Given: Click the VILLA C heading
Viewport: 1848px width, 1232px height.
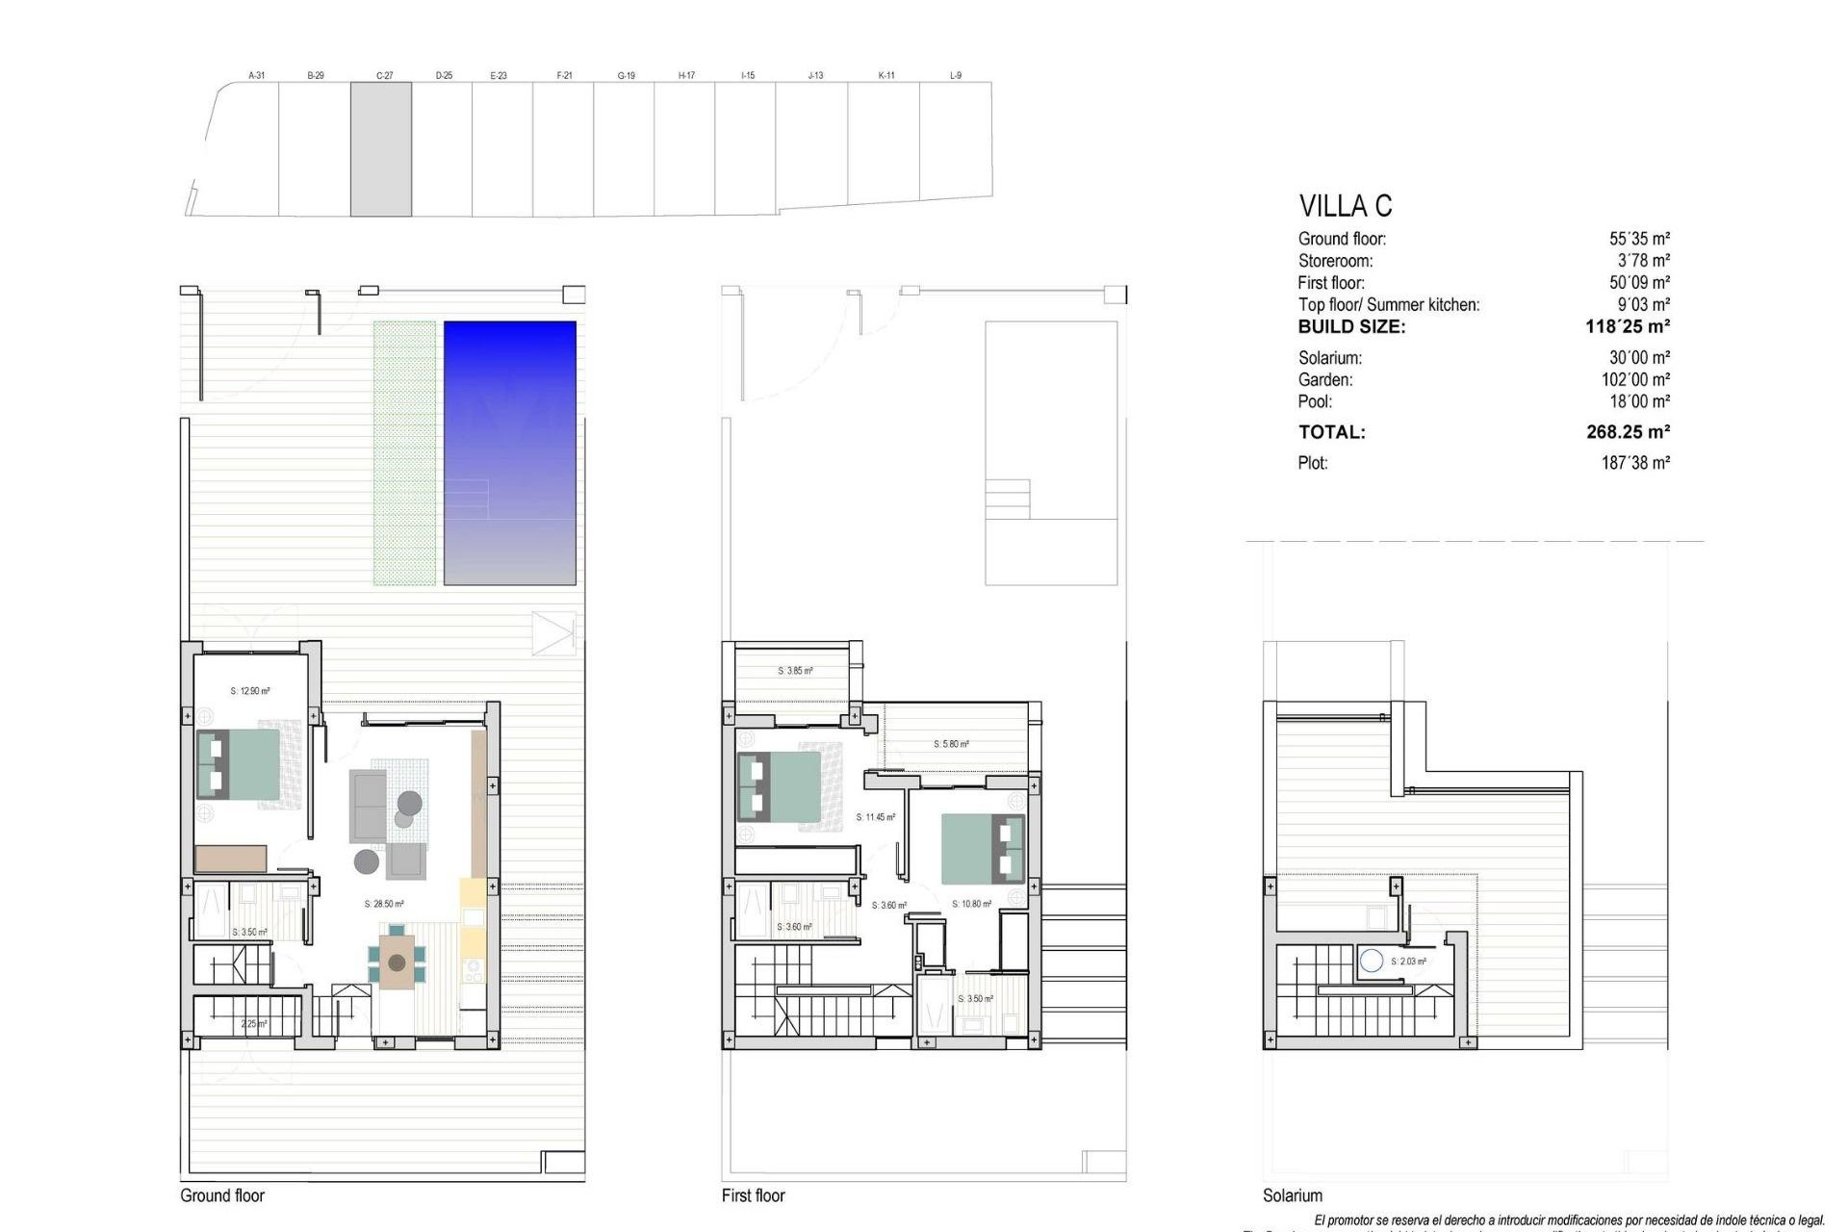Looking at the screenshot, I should pyautogui.click(x=1345, y=206).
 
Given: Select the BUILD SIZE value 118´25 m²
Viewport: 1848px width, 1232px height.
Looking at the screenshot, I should pyautogui.click(x=1627, y=327).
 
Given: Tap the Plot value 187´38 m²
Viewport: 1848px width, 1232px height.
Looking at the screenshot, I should pyautogui.click(x=1635, y=463).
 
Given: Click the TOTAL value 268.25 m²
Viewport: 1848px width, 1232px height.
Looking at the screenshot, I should pyautogui.click(x=1628, y=432).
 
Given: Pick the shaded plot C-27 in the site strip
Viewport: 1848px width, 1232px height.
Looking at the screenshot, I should pyautogui.click(x=381, y=149).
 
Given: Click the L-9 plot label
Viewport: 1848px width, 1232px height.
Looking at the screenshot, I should pyautogui.click(x=956, y=75).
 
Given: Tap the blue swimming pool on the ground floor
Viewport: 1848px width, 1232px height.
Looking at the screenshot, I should pyautogui.click(x=510, y=452).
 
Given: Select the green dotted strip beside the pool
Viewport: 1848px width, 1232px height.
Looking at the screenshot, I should pyautogui.click(x=404, y=452).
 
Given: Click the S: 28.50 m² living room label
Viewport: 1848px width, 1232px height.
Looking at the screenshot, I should pyautogui.click(x=384, y=905).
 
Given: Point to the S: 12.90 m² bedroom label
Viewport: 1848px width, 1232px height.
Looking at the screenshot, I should pyautogui.click(x=250, y=691).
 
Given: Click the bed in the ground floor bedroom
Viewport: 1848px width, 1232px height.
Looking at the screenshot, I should pyautogui.click(x=241, y=764).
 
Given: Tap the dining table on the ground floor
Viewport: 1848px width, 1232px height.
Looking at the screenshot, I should pyautogui.click(x=397, y=961).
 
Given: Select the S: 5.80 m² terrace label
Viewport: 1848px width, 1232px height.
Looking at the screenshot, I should pyautogui.click(x=951, y=744).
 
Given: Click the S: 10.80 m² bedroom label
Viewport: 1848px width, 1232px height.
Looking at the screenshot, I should pyautogui.click(x=972, y=905).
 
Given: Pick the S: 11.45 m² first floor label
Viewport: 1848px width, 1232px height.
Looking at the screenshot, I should pyautogui.click(x=876, y=817).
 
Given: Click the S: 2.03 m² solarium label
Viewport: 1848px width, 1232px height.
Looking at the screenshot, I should pyautogui.click(x=1408, y=962).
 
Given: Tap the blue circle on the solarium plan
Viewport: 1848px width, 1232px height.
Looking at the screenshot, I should pyautogui.click(x=1372, y=960).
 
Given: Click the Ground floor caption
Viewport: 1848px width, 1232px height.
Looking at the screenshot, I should pyautogui.click(x=222, y=1195).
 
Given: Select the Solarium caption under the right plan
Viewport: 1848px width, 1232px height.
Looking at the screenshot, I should pyautogui.click(x=1293, y=1195).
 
